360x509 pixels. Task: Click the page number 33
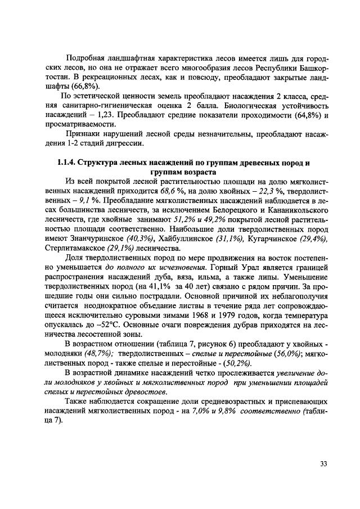pyautogui.click(x=323, y=463)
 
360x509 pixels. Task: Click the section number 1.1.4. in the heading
pyautogui.click(x=67, y=163)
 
